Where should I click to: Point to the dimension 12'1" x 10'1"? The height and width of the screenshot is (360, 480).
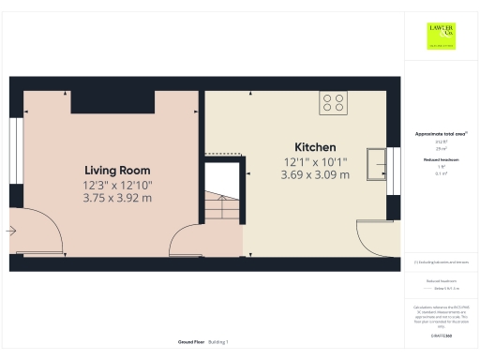coord(314,161)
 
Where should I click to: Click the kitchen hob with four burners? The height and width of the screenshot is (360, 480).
coord(332,102)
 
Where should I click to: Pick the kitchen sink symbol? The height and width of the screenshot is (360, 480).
coord(377,161)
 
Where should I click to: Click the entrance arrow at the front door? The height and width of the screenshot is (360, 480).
coord(11,230)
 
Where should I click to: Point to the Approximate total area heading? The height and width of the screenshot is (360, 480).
coord(441,134)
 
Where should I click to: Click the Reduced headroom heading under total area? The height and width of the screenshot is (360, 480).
coord(441,161)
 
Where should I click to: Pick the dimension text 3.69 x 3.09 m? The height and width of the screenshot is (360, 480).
coord(314,174)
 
